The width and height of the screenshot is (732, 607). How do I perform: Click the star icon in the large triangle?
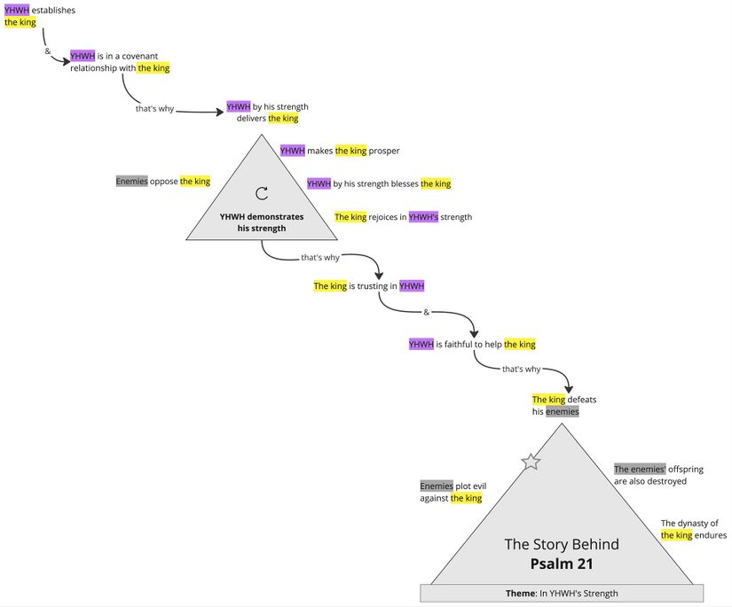pyautogui.click(x=531, y=462)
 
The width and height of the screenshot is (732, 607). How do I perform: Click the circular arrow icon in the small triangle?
pyautogui.click(x=262, y=193)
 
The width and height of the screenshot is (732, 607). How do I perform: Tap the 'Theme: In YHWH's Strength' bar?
pyautogui.click(x=562, y=593)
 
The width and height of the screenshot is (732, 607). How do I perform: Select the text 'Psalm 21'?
pyautogui.click(x=562, y=564)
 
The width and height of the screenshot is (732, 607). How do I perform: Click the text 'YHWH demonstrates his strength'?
pyautogui.click(x=262, y=222)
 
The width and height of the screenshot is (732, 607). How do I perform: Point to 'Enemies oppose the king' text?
pyautogui.click(x=163, y=182)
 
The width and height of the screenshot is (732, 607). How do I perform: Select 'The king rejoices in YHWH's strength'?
pyautogui.click(x=403, y=217)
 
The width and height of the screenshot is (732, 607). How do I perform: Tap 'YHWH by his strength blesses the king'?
pyautogui.click(x=379, y=184)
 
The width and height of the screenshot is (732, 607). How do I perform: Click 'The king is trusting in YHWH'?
pyautogui.click(x=369, y=286)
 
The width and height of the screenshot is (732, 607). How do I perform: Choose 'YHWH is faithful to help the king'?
pyautogui.click(x=472, y=345)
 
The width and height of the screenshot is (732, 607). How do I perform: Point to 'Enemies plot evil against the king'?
pyautogui.click(x=453, y=493)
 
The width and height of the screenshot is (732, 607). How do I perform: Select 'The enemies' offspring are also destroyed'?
pyautogui.click(x=650, y=475)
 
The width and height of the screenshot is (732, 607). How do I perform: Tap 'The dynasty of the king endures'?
pyautogui.click(x=693, y=529)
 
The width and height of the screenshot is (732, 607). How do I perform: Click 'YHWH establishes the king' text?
pyautogui.click(x=39, y=16)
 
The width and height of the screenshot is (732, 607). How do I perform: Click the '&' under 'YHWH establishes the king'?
pyautogui.click(x=48, y=51)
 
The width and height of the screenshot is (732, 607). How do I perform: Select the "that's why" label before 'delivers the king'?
pyautogui.click(x=154, y=109)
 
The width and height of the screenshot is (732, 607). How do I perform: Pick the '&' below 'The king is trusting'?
pyautogui.click(x=426, y=313)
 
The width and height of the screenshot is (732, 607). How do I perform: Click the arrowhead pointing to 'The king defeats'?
pyautogui.click(x=569, y=388)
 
